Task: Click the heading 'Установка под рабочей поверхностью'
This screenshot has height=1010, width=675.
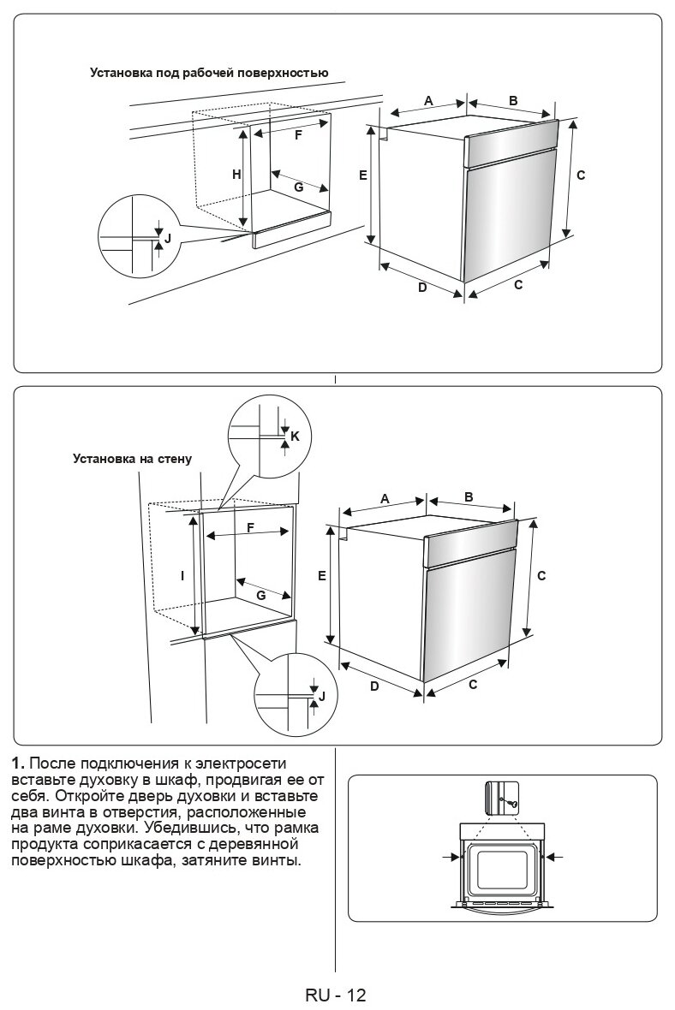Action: pos(209,73)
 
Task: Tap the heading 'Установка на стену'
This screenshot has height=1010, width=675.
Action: pos(132,458)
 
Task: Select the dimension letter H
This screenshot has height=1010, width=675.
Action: pos(236,175)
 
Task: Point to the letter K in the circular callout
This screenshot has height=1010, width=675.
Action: pos(295,436)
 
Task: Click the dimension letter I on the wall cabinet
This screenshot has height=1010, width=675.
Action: pos(182,576)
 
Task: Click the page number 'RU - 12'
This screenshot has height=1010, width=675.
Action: pos(335,995)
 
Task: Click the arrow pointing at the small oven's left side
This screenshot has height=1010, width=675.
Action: pos(451,855)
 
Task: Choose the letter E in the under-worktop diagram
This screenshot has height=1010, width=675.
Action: pos(363,175)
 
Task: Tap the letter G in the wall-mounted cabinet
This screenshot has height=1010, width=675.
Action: pos(260,594)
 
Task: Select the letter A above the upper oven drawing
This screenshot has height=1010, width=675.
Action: pos(428,101)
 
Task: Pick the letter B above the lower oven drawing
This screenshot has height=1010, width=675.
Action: pos(469,496)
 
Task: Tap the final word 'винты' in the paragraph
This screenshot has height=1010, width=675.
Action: pos(279,860)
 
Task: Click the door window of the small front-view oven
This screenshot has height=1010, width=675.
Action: pos(502,870)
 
